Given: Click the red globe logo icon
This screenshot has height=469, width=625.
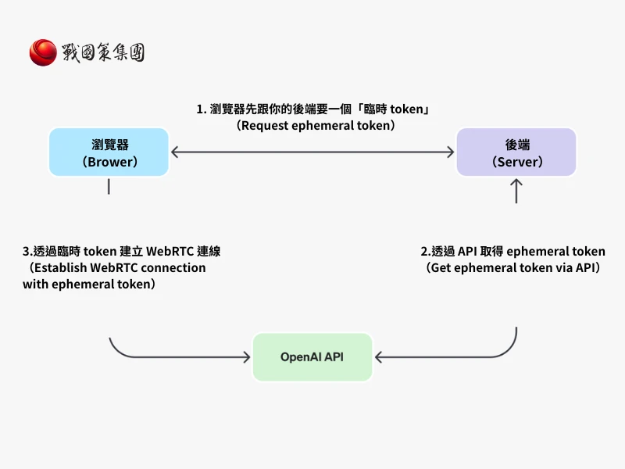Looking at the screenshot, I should (x=43, y=52).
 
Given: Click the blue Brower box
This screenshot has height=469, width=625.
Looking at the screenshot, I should (x=109, y=152).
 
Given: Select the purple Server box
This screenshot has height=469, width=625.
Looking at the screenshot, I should (x=516, y=152).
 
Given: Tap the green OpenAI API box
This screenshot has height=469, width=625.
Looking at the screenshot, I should (x=312, y=357).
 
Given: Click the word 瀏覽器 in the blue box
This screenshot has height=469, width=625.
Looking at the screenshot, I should (x=109, y=145).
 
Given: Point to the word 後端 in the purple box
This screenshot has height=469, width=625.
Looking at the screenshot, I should (x=516, y=145).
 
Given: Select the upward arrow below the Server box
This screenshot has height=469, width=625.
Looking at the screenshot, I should (x=516, y=191).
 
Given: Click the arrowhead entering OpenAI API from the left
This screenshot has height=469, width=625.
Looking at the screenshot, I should (x=246, y=357).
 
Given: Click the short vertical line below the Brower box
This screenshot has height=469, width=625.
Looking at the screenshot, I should (x=109, y=187).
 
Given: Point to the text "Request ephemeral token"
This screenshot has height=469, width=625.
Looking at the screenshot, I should (x=316, y=125).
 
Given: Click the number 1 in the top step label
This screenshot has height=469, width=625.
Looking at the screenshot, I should (x=200, y=109).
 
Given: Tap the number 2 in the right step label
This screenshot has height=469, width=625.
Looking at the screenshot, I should (x=424, y=252).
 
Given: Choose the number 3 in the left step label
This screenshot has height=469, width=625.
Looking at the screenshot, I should (x=27, y=252).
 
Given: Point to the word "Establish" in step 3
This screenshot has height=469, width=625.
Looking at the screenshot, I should (x=59, y=267).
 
